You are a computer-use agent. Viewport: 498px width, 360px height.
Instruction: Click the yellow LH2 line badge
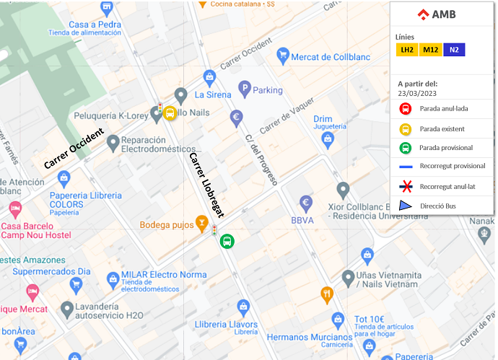(407, 50)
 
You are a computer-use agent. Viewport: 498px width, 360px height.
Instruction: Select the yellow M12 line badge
(431, 50)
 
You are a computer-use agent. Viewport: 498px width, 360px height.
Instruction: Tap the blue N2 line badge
(454, 50)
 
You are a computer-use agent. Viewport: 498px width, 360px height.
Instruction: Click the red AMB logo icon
(423, 14)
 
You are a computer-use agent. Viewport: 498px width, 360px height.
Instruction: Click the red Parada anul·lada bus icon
(406, 110)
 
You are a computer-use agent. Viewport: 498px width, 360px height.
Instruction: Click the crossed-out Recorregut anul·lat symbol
(406, 187)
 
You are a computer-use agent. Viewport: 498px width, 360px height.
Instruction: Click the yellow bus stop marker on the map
(170, 113)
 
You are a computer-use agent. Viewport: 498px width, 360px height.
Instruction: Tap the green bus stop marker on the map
(227, 241)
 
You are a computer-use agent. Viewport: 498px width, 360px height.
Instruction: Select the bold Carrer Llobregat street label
(206, 185)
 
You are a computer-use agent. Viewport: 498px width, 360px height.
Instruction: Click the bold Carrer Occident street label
(74, 149)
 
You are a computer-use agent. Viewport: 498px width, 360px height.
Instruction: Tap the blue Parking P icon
(245, 90)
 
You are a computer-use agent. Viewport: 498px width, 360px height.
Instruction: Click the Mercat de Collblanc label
(331, 57)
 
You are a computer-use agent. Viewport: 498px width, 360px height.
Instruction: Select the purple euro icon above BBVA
(306, 203)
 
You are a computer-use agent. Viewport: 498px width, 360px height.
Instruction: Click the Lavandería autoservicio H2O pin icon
(67, 309)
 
